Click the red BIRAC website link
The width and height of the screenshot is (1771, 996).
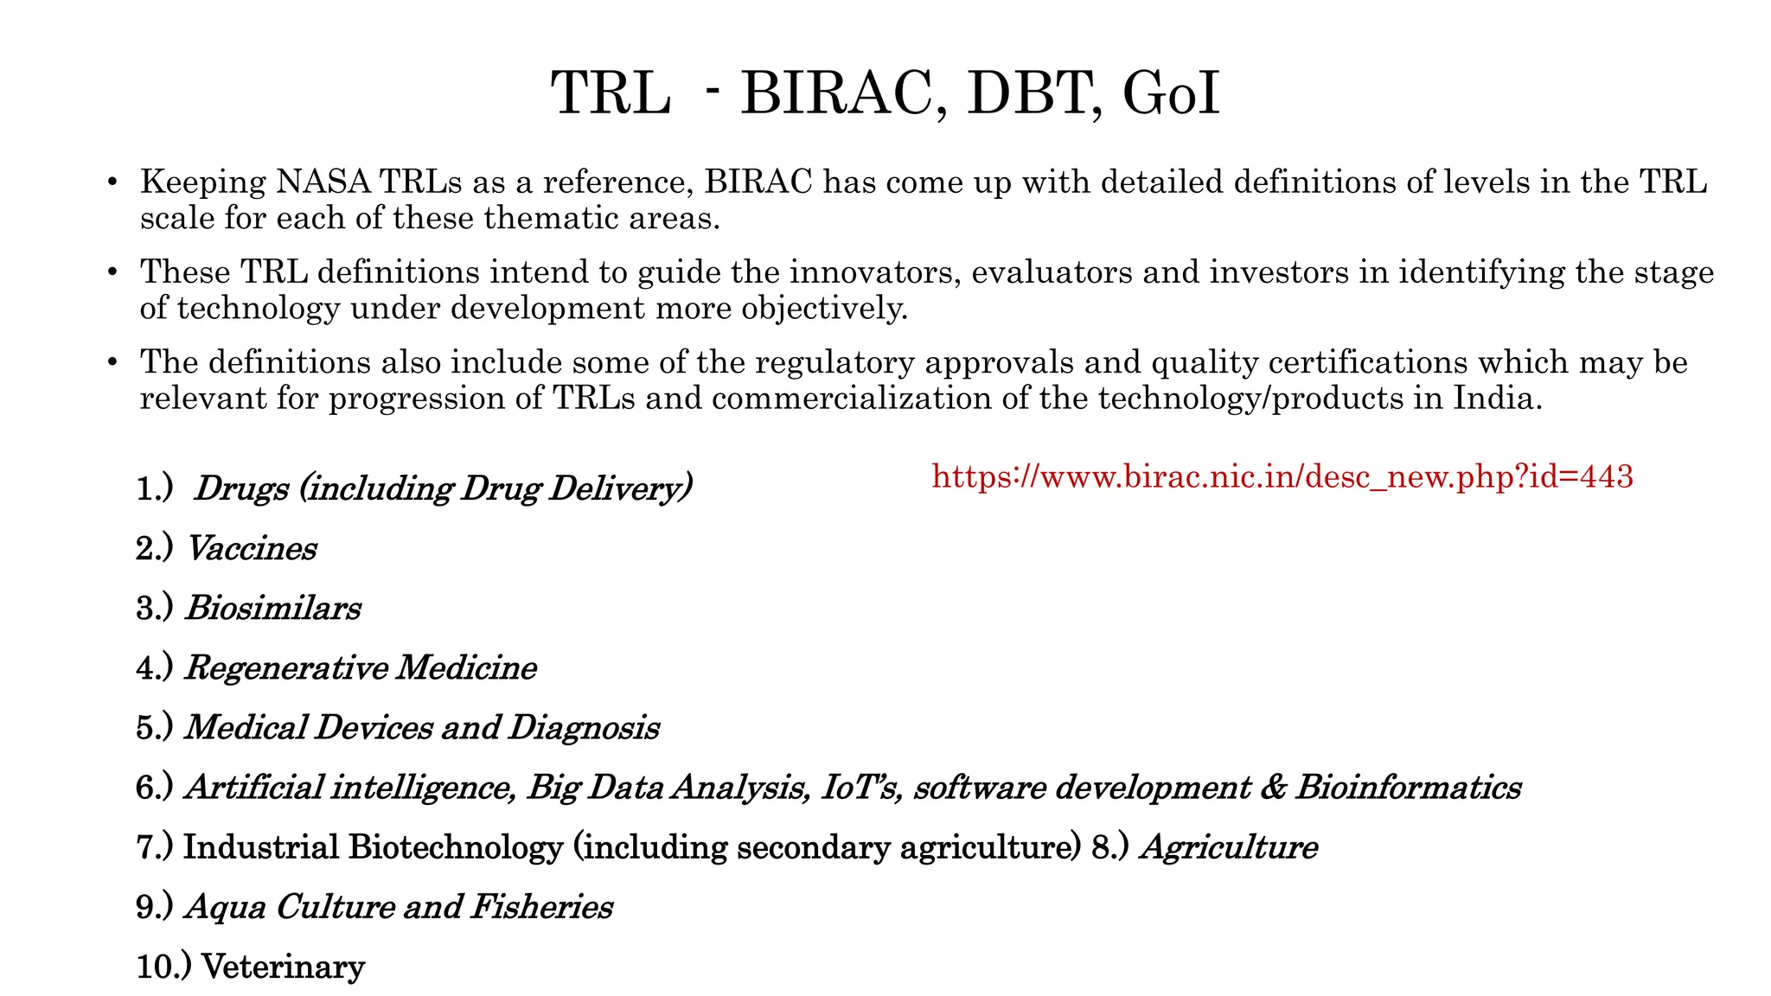(1282, 476)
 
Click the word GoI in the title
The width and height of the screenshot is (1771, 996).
(1171, 93)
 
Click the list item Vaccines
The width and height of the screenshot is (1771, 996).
(252, 549)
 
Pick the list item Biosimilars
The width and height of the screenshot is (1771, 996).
(273, 609)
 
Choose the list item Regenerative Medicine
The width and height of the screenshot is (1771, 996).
(361, 668)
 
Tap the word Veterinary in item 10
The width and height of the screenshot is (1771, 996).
(283, 967)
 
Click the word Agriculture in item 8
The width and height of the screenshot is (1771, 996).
(1229, 847)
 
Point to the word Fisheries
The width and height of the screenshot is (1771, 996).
(541, 907)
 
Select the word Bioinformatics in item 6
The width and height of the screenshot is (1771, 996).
(1407, 788)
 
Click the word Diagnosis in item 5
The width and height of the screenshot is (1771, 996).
(584, 728)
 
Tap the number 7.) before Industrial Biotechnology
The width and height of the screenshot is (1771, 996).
(155, 847)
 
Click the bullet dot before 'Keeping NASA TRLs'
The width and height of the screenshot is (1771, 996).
(112, 183)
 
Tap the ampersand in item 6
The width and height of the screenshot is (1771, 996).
(1272, 788)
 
